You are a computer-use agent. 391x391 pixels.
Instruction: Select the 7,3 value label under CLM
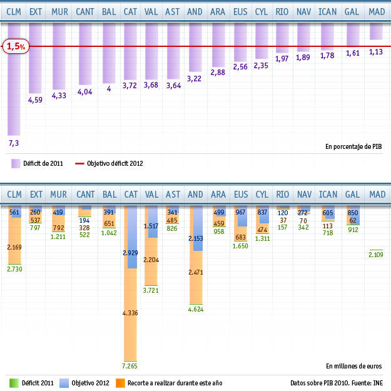14,143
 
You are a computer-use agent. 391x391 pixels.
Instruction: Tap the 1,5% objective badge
14,46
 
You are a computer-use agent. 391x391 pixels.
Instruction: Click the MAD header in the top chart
377,12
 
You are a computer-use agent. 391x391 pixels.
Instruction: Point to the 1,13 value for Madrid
376,52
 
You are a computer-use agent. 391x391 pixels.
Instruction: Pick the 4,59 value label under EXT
36,99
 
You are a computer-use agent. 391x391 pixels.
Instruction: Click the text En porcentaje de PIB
353,146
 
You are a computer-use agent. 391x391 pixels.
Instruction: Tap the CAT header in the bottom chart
131,195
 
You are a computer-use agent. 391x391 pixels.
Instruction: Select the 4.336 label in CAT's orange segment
131,312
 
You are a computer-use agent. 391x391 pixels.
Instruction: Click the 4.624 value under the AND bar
196,308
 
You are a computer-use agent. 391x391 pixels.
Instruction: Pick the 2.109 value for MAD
376,254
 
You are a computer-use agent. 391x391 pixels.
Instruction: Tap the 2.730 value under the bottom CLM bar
14,268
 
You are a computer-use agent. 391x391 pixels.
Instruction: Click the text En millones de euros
353,365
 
